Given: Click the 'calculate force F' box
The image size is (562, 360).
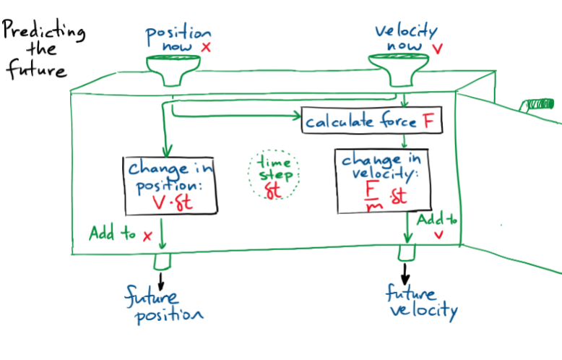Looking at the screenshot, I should tap(371, 121).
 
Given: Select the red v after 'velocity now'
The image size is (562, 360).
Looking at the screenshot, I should tap(436, 48).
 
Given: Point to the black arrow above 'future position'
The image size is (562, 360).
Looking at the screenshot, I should tap(161, 278).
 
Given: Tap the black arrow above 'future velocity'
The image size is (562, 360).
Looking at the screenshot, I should tap(405, 273).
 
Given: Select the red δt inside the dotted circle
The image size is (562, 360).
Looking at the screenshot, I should tap(273, 192).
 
